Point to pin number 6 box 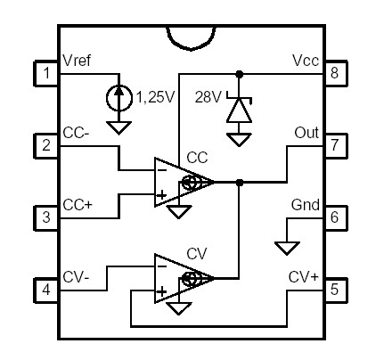334,217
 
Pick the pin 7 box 334,145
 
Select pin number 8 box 334,72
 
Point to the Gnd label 305,204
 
